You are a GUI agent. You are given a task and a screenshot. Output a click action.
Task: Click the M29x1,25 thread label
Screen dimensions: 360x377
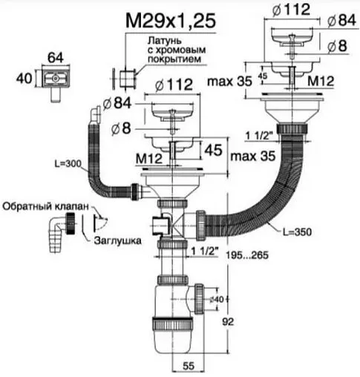171,21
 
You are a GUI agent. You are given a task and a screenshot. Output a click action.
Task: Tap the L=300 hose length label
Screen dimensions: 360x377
68,164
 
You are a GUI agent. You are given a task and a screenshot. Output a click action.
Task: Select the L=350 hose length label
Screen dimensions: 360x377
297,232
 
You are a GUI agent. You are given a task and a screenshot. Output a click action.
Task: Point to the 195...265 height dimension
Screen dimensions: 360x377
247,255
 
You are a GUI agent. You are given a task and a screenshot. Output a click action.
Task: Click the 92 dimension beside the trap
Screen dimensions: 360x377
228,322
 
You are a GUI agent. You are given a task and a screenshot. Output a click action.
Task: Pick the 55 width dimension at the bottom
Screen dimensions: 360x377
189,366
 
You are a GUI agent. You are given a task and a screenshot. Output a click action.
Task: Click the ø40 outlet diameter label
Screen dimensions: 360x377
217,299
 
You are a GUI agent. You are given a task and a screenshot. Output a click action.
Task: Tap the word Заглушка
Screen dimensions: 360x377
117,240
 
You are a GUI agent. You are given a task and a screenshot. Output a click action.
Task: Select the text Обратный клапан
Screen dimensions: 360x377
45,206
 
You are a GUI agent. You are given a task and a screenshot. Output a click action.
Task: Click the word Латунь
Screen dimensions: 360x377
165,40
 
